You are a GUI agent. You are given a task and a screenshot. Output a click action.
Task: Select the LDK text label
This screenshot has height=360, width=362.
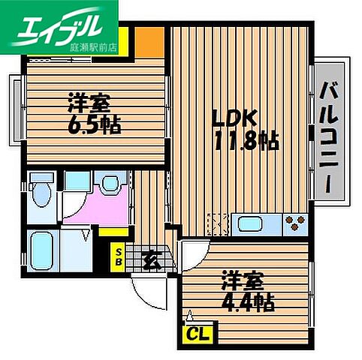(234, 118)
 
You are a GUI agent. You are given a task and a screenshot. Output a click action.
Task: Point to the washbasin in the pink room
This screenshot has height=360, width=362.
(111, 185)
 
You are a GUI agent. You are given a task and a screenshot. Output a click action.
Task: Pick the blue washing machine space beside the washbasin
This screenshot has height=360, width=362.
(75, 184)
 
